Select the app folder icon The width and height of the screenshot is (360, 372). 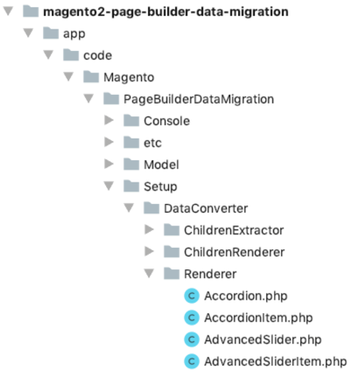tap(49, 33)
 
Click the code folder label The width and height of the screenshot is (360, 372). tap(97, 55)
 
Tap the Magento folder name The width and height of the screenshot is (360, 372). tap(128, 77)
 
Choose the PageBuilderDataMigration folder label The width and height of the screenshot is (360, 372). tap(198, 99)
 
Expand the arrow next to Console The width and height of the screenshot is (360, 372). tap(108, 121)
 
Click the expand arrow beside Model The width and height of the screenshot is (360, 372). tap(108, 165)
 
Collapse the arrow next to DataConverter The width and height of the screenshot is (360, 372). tap(128, 209)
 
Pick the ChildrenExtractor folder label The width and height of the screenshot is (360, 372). tap(233, 230)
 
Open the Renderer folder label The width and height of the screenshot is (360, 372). tap(209, 274)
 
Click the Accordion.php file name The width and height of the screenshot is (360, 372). tap(245, 296)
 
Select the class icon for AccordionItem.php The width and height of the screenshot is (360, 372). tap(191, 318)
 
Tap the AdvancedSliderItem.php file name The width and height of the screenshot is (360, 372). tap(275, 362)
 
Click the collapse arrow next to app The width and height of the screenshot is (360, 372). tap(28, 33)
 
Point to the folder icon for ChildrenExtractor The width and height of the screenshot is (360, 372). tap(170, 230)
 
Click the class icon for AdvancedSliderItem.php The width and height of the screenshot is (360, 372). tap(191, 362)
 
